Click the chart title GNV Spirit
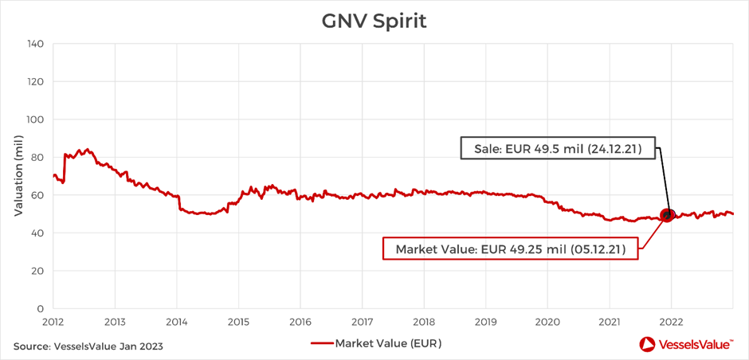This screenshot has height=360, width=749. (374, 21)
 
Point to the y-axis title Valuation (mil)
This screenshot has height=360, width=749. (18, 175)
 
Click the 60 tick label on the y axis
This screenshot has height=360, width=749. (36, 195)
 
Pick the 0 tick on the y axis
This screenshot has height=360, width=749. (39, 309)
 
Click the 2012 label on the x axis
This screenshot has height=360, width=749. (53, 323)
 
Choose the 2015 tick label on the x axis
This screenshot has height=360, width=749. (238, 323)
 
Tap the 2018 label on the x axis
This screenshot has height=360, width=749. (423, 323)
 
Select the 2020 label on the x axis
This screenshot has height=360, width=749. (547, 323)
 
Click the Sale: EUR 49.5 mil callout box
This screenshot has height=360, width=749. (557, 148)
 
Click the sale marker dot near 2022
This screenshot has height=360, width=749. (668, 214)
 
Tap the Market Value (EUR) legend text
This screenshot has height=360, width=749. (388, 343)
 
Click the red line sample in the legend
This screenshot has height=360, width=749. (320, 343)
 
